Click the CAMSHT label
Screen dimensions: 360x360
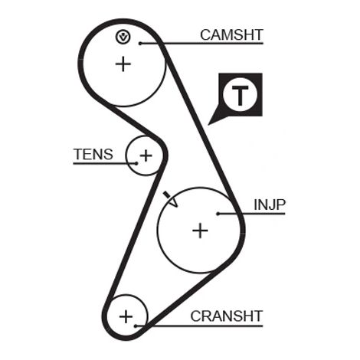(x=231, y=35)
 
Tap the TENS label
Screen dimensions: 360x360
(x=93, y=154)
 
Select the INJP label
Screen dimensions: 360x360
(x=270, y=205)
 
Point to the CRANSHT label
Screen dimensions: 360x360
(x=227, y=316)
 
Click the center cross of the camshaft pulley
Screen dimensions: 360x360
(x=123, y=64)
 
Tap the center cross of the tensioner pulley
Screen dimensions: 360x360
(x=146, y=155)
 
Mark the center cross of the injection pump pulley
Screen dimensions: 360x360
(x=200, y=231)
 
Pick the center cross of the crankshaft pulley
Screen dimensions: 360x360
(x=126, y=317)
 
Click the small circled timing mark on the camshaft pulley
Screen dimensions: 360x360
(x=123, y=37)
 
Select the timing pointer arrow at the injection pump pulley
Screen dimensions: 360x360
(x=171, y=199)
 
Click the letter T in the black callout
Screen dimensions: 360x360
(x=240, y=95)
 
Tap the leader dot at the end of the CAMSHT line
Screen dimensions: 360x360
(x=140, y=44)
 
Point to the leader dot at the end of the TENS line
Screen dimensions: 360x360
(x=136, y=163)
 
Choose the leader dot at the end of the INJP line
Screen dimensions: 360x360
(x=218, y=214)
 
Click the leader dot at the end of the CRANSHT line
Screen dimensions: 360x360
(x=136, y=326)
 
